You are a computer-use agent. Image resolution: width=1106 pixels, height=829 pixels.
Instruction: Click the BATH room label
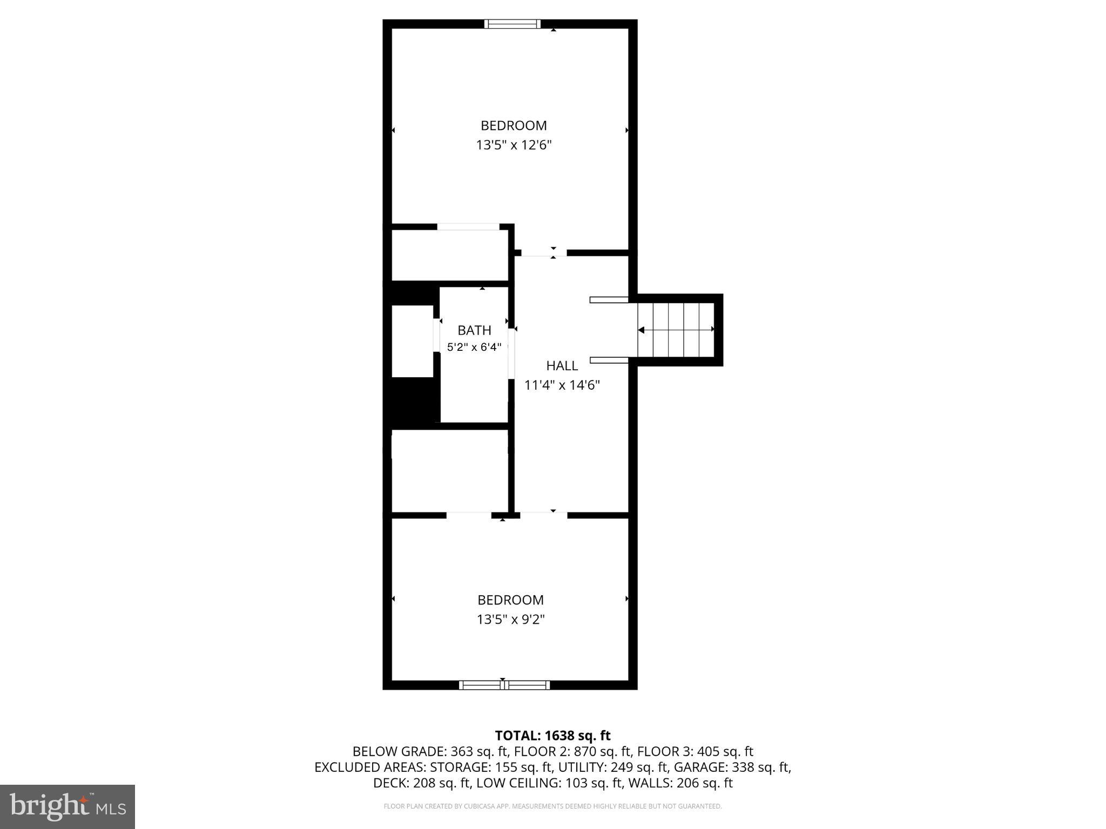(x=474, y=330)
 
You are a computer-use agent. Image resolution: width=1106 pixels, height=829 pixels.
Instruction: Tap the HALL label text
(x=562, y=366)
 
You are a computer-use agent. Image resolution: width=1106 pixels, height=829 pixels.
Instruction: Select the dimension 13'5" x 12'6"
(x=514, y=145)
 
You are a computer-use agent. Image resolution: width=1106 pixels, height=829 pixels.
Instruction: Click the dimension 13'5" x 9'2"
(x=510, y=620)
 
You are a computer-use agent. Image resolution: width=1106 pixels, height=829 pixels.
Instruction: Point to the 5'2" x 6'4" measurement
(x=474, y=347)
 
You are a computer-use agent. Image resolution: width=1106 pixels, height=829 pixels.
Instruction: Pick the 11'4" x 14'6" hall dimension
(x=562, y=385)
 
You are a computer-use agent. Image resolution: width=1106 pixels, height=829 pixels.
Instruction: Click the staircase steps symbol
(x=676, y=330)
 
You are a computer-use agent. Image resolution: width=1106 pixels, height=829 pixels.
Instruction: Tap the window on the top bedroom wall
(x=512, y=24)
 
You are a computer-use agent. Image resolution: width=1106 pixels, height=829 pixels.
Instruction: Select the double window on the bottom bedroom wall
(x=504, y=685)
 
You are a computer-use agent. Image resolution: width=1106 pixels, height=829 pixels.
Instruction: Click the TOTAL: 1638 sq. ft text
(x=552, y=736)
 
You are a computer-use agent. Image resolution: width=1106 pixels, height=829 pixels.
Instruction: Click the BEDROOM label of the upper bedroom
(x=514, y=126)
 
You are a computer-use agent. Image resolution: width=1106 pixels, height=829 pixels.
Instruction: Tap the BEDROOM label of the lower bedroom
(x=510, y=600)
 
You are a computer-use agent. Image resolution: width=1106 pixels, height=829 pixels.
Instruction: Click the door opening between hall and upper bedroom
(x=544, y=253)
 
